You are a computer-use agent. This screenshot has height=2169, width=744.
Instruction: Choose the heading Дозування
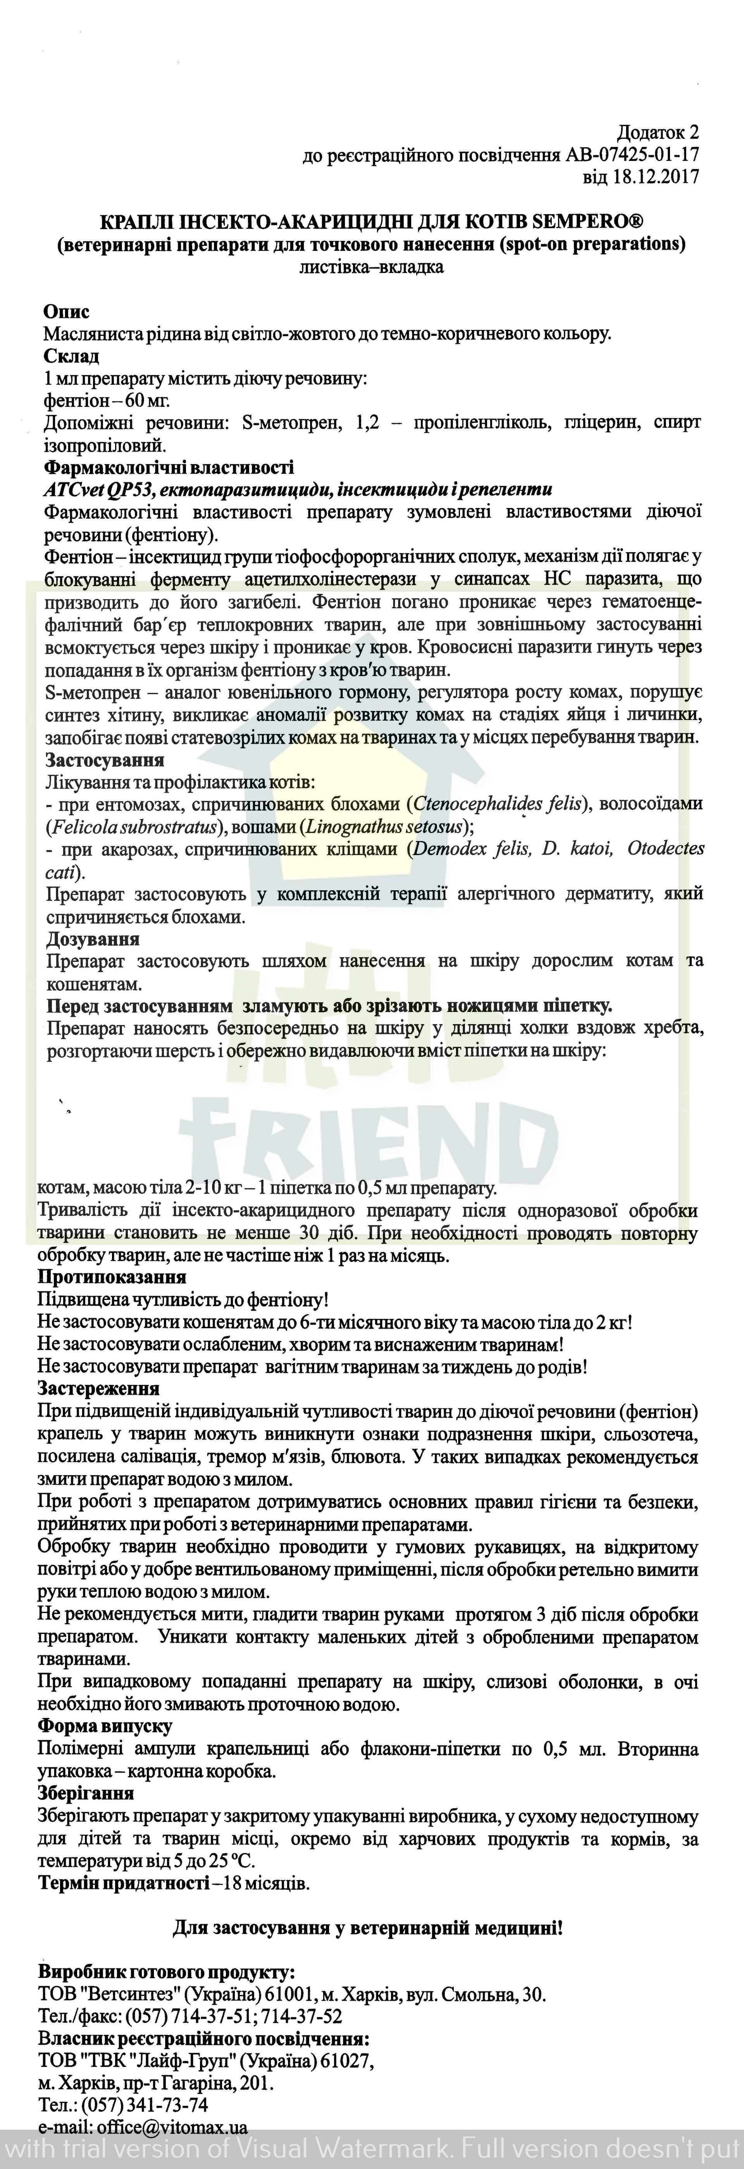93,939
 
